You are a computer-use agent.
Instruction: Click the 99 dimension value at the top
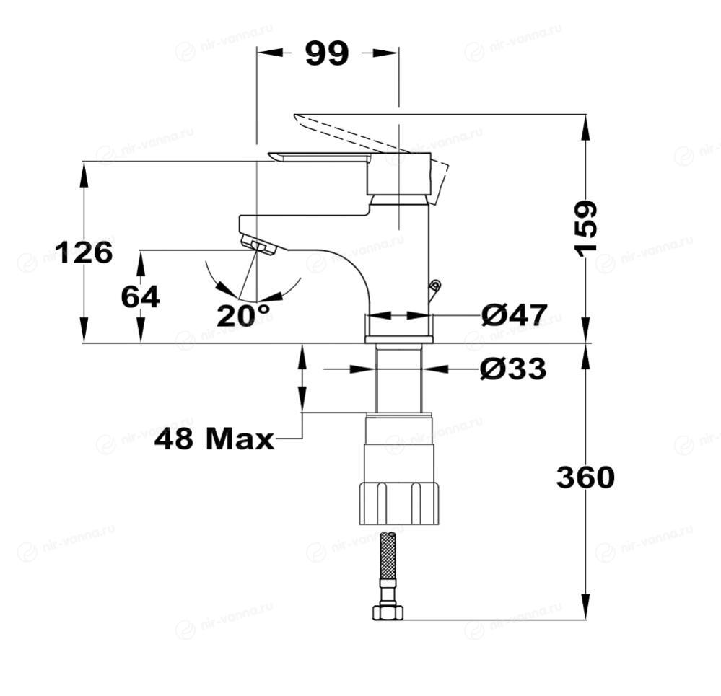pyautogui.click(x=326, y=53)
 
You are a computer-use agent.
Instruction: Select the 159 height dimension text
pyautogui.click(x=586, y=227)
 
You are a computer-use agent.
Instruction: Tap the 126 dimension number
pyautogui.click(x=84, y=252)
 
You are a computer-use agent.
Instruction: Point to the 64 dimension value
pyautogui.click(x=140, y=296)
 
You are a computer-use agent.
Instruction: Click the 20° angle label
pyautogui.click(x=243, y=315)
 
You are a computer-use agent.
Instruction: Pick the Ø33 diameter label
pyautogui.click(x=513, y=369)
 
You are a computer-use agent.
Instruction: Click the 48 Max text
pyautogui.click(x=214, y=439)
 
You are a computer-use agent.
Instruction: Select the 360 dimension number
pyautogui.click(x=585, y=477)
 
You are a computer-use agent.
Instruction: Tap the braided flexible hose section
pyautogui.click(x=388, y=555)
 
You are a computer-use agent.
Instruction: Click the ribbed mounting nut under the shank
pyautogui.click(x=399, y=503)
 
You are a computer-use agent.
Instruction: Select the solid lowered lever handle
pyautogui.click(x=318, y=158)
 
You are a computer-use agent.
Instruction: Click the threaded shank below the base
pyautogui.click(x=398, y=379)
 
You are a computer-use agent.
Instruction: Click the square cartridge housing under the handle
pyautogui.click(x=398, y=175)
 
